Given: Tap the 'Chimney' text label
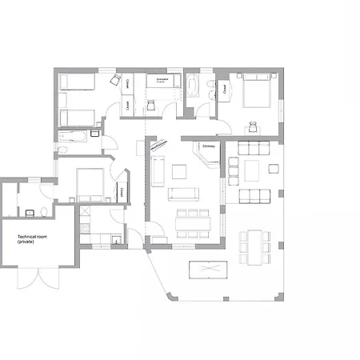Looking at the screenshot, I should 209,146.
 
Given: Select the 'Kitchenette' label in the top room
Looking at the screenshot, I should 161,80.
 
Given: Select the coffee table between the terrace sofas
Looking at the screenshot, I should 253,170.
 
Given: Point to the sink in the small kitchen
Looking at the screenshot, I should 115,234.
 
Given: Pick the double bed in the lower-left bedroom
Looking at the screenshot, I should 90,186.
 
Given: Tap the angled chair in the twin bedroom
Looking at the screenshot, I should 114,81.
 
